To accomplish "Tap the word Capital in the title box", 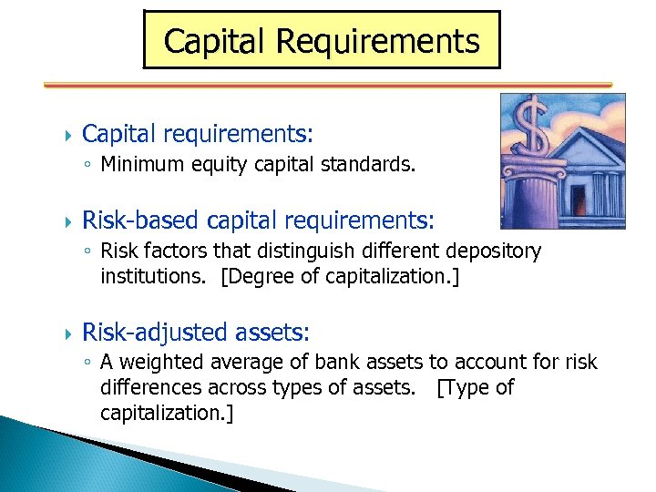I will click(215, 42).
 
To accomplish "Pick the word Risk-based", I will click(141, 221).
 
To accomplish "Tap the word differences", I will click(152, 388).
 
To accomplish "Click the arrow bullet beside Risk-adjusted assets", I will click(62, 333).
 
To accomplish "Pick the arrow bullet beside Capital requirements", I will click(62, 135).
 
